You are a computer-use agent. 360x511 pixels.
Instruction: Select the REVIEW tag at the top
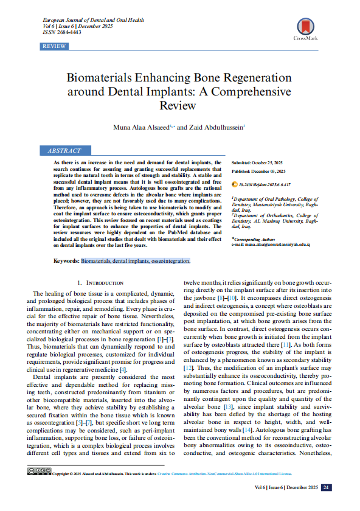[x=54, y=46]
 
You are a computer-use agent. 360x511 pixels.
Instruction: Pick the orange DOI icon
[x=235, y=183]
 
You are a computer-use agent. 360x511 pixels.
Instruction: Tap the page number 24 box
[x=326, y=487]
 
